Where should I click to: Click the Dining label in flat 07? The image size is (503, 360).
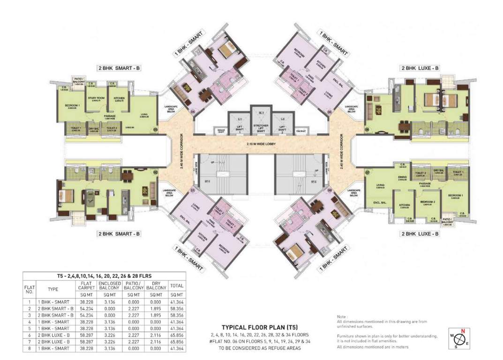click(402, 177)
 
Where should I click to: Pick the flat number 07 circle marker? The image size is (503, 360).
click(368, 172)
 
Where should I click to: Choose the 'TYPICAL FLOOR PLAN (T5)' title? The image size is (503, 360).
click(260, 327)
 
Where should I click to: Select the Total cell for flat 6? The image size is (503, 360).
click(177, 337)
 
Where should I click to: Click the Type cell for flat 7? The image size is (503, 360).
click(53, 343)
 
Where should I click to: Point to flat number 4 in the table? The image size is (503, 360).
click(29, 322)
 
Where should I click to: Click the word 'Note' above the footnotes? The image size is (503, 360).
click(342, 317)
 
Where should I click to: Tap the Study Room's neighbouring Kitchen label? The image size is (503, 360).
click(119, 98)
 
